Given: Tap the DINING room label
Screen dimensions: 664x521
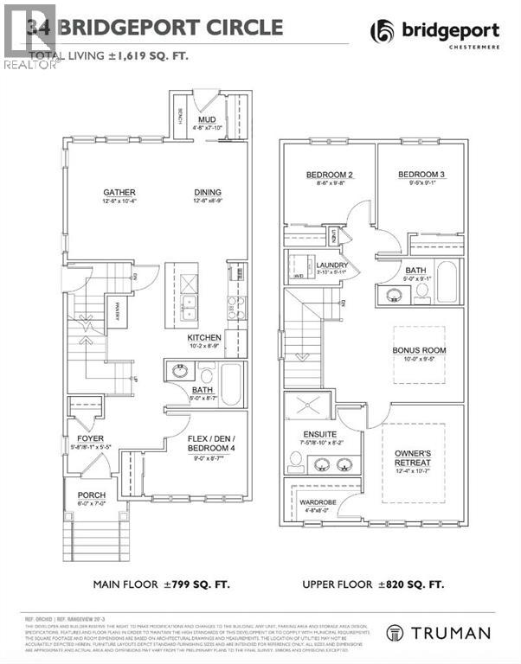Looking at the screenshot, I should click(x=208, y=193).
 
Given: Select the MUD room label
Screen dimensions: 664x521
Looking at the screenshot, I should click(x=207, y=120).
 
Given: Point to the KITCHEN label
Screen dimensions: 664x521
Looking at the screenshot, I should click(x=205, y=337).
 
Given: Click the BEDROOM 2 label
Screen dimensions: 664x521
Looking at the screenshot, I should click(x=326, y=176).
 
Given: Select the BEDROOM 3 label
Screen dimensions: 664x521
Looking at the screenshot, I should click(x=419, y=176).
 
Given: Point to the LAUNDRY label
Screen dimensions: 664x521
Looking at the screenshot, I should click(x=331, y=265).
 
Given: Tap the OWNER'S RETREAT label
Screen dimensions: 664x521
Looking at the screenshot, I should click(x=413, y=457).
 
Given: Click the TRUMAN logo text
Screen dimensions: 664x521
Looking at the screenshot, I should click(x=448, y=634).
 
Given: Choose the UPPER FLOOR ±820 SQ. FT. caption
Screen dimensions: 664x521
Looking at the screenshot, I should click(x=374, y=585).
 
